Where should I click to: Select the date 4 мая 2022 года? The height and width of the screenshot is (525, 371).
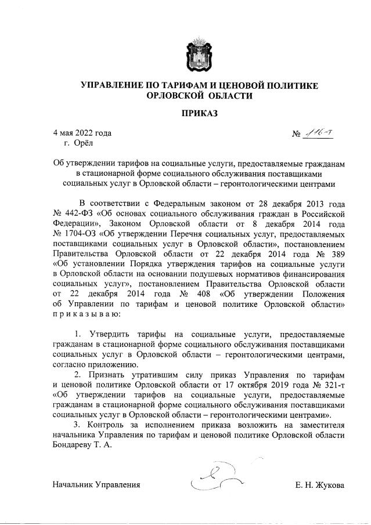[79, 133]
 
